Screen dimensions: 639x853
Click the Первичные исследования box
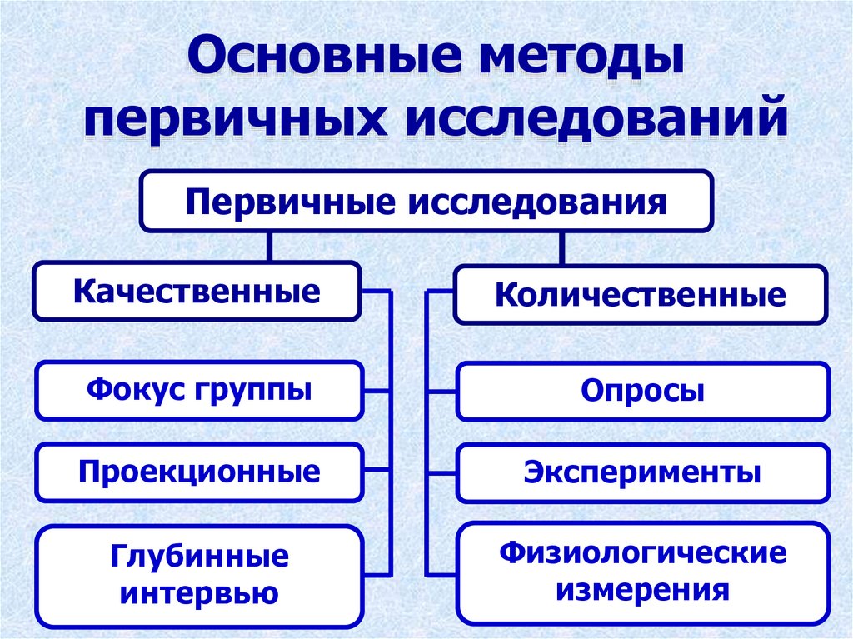pos(426,202)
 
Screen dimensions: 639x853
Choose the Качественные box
pos(197,292)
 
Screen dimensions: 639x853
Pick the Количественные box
pos(640,295)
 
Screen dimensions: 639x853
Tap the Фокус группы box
pos(199,390)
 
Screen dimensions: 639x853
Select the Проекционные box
pos(200,472)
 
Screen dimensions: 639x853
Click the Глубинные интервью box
pos(200,576)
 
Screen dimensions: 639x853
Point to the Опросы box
pos(642,391)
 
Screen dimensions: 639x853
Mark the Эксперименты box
pos(642,473)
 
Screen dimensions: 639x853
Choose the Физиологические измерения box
pos(642,573)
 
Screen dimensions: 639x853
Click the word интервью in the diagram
pos(200,593)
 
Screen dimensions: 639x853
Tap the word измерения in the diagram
pos(642,591)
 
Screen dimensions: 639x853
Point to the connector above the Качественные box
pos(269,247)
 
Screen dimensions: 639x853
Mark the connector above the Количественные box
pos(561,248)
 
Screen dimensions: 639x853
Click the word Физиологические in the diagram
pos(642,553)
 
